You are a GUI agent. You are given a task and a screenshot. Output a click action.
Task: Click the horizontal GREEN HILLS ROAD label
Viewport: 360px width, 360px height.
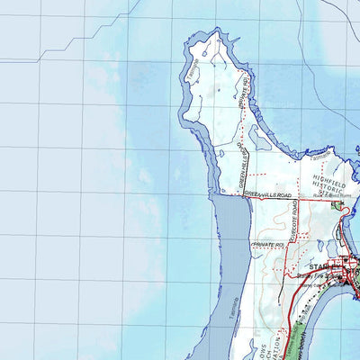pos(269,194)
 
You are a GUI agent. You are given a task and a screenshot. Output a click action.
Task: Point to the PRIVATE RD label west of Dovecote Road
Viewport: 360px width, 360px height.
pos(267,245)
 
